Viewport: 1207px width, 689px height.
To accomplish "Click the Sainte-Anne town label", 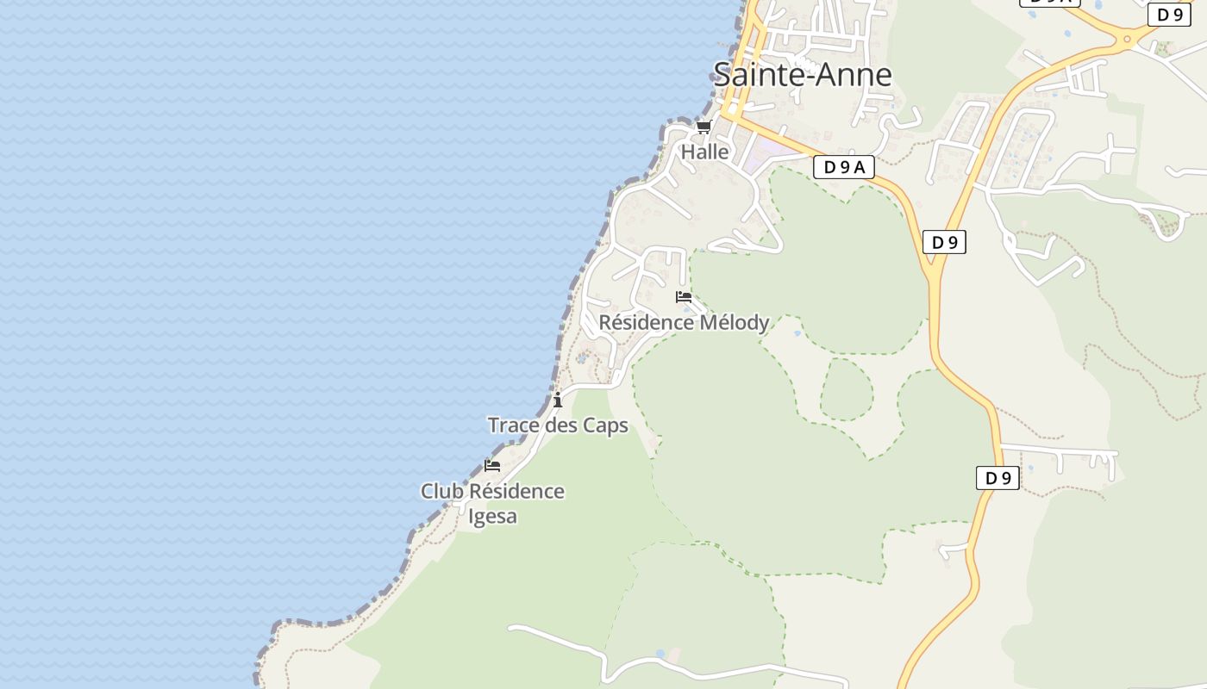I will [803, 75].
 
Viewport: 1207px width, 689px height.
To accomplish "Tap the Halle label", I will [705, 152].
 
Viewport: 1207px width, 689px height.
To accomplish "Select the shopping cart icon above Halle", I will [704, 127].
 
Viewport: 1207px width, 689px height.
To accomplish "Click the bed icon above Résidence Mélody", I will [684, 297].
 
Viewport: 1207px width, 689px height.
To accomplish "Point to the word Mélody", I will [734, 323].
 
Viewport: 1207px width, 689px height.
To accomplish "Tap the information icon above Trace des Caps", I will [558, 400].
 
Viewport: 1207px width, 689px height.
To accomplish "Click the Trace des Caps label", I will [558, 425].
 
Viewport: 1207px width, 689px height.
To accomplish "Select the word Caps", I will [605, 425].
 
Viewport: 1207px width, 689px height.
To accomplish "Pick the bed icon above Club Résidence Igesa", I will [492, 466].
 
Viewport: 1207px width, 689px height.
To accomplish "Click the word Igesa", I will [492, 517].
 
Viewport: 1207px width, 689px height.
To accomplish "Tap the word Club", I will [441, 492].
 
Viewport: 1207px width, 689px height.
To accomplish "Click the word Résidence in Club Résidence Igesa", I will [516, 492].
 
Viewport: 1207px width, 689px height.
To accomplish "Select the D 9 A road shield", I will [843, 167].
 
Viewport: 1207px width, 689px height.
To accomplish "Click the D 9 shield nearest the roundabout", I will [1169, 15].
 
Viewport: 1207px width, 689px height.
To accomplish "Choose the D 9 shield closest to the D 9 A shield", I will [944, 243].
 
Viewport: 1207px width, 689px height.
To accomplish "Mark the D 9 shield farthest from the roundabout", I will [997, 478].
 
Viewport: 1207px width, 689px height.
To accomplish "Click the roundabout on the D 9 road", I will [1126, 38].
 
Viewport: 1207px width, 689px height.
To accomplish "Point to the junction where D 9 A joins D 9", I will [933, 274].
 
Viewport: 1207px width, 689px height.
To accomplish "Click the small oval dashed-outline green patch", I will [847, 389].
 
